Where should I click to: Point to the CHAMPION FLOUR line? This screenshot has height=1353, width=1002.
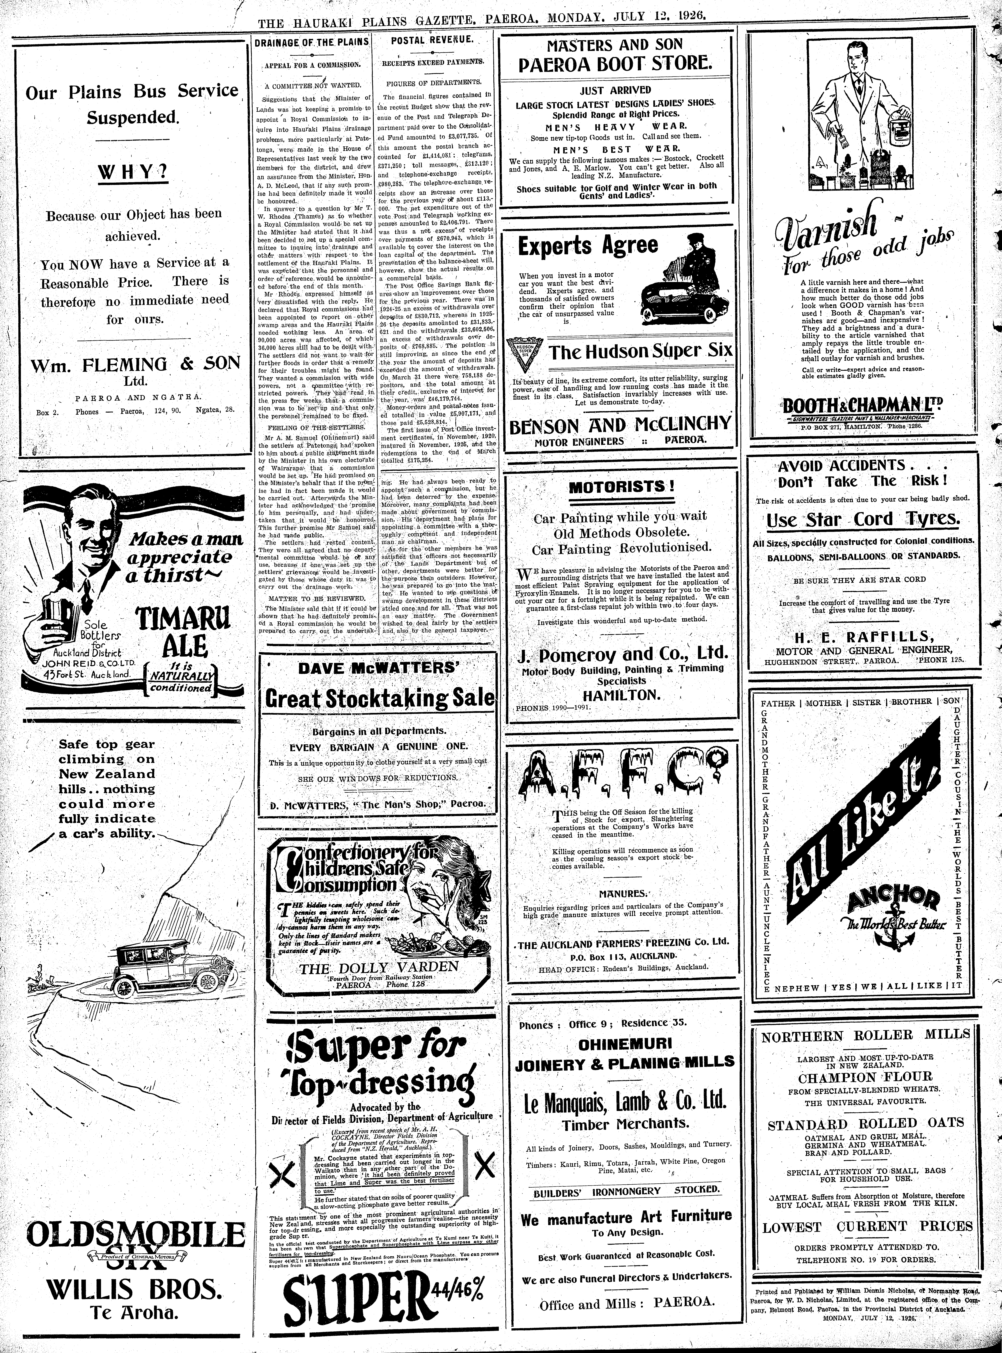(x=865, y=1077)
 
